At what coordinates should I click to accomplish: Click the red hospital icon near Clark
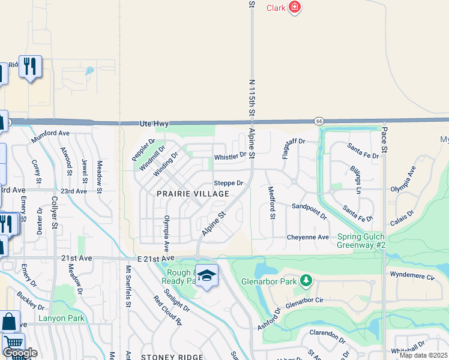pyautogui.click(x=294, y=7)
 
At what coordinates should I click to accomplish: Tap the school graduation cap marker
pyautogui.click(x=206, y=275)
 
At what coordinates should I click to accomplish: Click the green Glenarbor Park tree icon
pyautogui.click(x=306, y=280)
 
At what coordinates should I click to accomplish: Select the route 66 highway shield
pyautogui.click(x=318, y=121)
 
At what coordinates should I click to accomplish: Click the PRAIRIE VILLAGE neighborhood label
pyautogui.click(x=193, y=194)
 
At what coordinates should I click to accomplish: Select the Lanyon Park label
pyautogui.click(x=62, y=319)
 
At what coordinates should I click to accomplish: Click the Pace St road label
pyautogui.click(x=384, y=141)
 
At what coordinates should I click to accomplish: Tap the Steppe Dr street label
pyautogui.click(x=229, y=183)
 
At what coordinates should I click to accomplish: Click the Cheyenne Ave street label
pyautogui.click(x=307, y=237)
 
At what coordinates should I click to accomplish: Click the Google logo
pyautogui.click(x=20, y=353)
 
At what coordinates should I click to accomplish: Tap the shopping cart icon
pyautogui.click(x=13, y=343)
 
